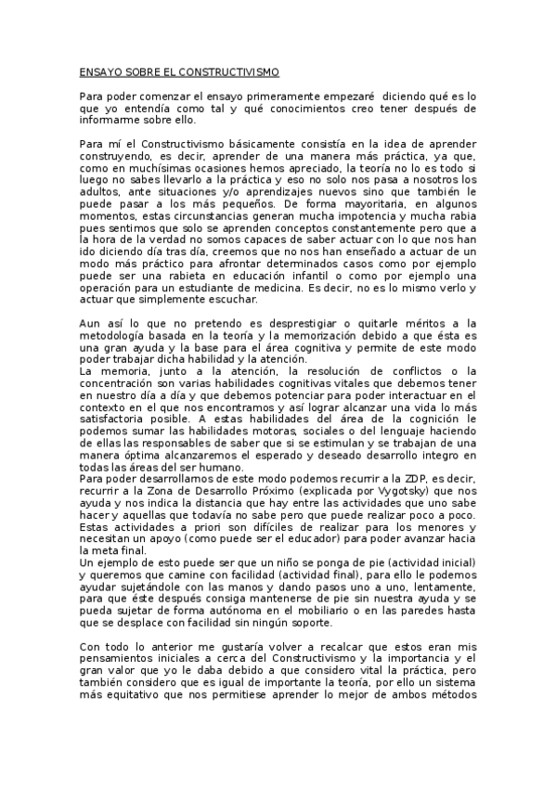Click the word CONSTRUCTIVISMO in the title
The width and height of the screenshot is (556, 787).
227,71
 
